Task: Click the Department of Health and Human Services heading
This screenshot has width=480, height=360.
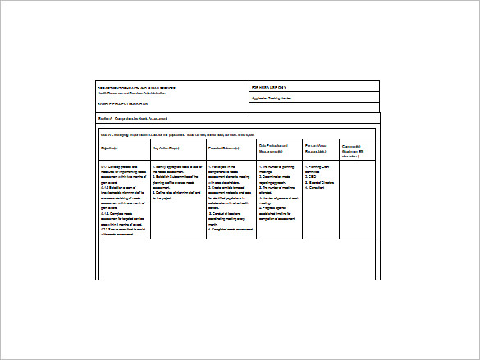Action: (x=138, y=87)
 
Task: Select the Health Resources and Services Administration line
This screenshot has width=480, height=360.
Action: (x=136, y=93)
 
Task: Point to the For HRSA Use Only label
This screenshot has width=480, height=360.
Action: (x=270, y=86)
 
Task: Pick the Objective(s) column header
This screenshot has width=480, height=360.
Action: (x=111, y=148)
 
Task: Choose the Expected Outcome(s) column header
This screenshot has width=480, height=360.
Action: (x=224, y=148)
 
